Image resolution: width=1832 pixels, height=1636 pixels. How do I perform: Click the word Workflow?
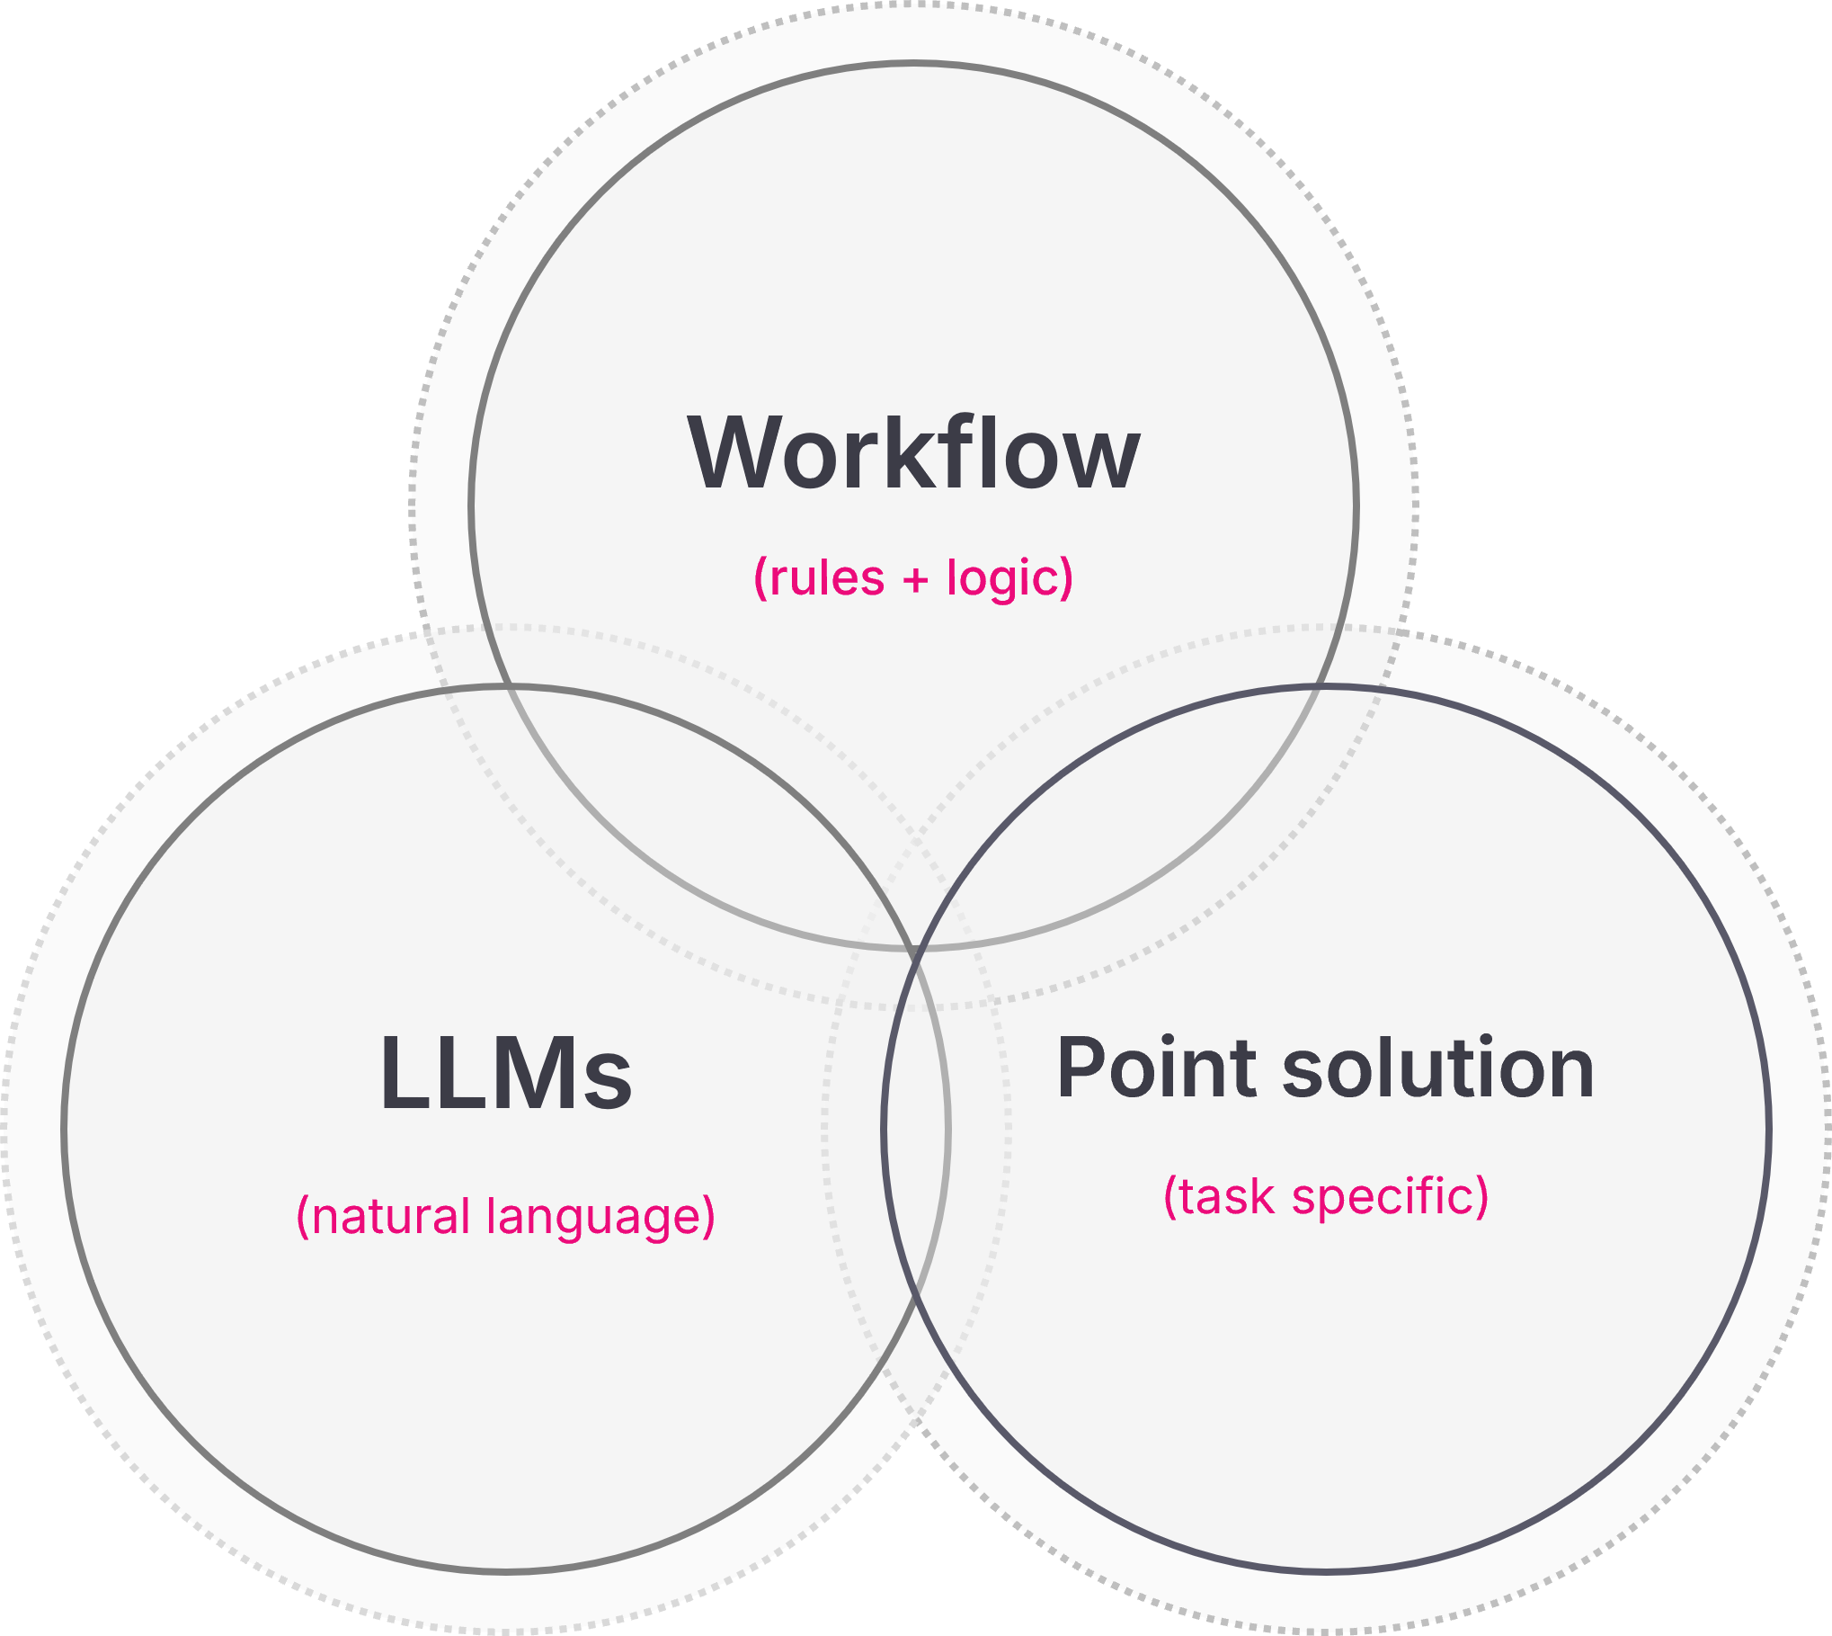[913, 453]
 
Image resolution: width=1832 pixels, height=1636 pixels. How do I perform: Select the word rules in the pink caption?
[827, 578]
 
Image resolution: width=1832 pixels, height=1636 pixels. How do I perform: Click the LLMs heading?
[506, 1074]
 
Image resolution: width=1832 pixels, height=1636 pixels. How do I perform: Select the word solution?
[1437, 1068]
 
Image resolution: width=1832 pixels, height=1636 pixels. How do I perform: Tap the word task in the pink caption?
[1226, 1197]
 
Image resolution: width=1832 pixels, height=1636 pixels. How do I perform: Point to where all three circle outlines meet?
[915, 949]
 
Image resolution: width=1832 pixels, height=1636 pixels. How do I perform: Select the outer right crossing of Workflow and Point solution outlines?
[1319, 687]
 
